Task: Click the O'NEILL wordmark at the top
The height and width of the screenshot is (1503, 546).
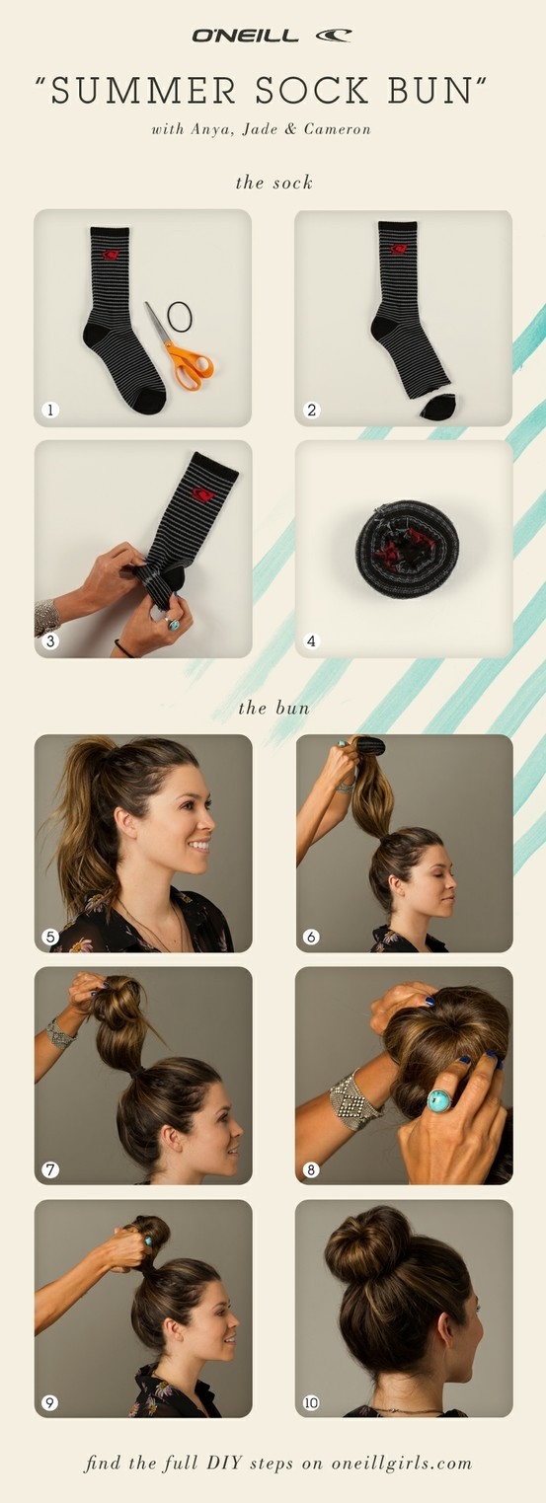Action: click(x=245, y=36)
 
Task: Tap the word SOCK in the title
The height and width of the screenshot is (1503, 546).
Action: click(x=312, y=91)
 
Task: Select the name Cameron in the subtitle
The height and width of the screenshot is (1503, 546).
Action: click(x=337, y=129)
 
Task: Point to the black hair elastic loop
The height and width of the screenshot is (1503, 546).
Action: click(x=180, y=316)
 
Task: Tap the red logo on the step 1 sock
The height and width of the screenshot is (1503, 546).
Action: click(x=109, y=255)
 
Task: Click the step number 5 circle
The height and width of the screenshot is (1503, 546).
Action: click(x=50, y=936)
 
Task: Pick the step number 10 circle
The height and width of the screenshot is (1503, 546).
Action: click(x=311, y=1402)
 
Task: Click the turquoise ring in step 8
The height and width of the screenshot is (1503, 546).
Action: click(x=440, y=1099)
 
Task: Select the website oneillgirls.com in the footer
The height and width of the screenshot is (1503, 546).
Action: click(x=401, y=1463)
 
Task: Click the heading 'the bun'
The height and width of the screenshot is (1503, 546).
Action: click(x=273, y=708)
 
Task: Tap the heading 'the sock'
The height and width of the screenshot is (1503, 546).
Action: click(x=274, y=183)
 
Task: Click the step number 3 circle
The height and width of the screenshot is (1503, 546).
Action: click(x=50, y=640)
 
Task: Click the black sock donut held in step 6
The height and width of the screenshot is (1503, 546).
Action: click(x=369, y=745)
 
